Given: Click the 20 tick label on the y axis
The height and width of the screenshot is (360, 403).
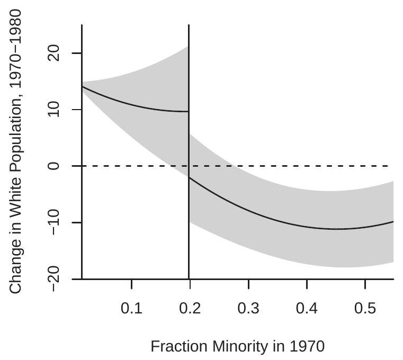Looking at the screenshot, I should coord(59,53).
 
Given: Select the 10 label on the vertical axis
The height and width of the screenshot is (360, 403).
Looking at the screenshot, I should coord(59,110).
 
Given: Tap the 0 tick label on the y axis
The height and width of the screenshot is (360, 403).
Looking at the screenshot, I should coord(59,166).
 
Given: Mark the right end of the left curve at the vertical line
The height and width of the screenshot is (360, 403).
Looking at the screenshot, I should coord(188,111).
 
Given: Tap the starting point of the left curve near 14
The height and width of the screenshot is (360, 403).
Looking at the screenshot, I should coord(82,86).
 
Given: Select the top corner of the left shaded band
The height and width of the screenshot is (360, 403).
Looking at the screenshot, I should coord(188,47).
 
